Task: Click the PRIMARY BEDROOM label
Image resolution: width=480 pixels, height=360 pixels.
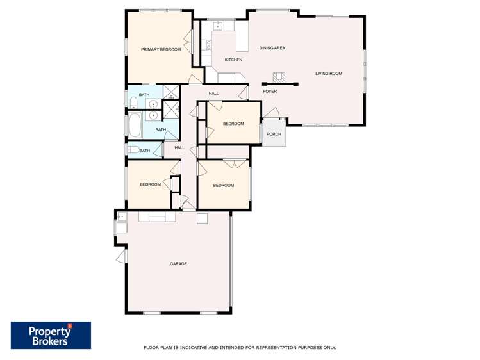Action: click(161, 49)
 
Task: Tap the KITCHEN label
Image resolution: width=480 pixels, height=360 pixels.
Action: click(233, 60)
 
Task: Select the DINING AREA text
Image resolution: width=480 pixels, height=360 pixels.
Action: click(272, 48)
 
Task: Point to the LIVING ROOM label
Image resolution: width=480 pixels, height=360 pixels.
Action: click(329, 74)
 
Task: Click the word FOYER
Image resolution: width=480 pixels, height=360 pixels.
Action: click(270, 92)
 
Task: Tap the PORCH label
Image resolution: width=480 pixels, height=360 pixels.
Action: click(274, 134)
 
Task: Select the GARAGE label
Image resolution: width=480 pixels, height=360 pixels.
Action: click(178, 264)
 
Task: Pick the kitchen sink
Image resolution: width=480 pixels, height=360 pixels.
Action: click(218, 26)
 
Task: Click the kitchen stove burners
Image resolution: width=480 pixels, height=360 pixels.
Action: click(208, 45)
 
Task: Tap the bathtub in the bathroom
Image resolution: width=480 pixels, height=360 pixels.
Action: click(135, 125)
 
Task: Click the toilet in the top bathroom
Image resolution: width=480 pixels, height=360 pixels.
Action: click(133, 102)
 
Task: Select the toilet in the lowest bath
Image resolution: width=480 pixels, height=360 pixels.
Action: click(133, 151)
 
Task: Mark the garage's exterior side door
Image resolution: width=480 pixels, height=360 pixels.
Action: click(121, 256)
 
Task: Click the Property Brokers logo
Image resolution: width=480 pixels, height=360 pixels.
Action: click(51, 335)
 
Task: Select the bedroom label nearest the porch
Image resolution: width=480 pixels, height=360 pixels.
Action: click(233, 124)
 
